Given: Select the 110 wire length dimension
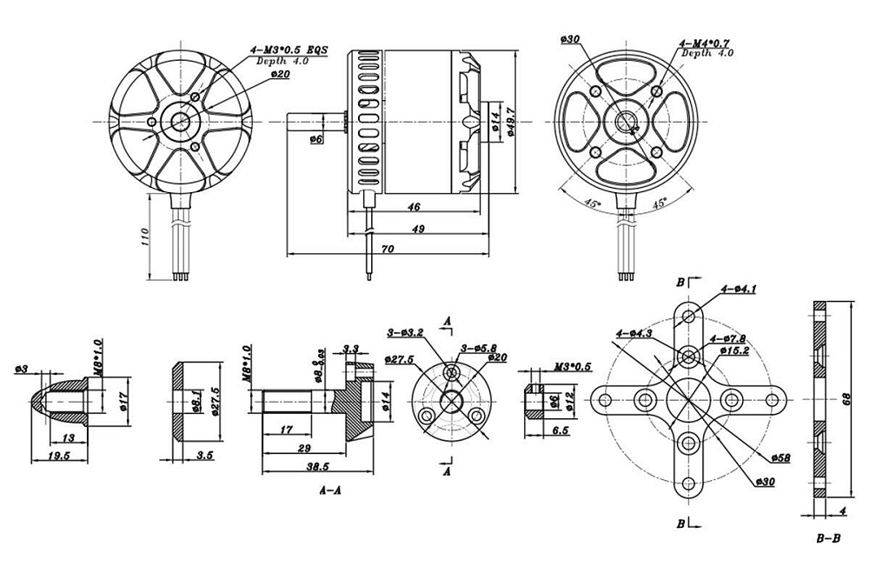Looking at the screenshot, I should tap(144, 237).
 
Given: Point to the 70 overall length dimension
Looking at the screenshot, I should tap(387, 249).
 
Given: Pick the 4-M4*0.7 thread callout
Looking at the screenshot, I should tap(706, 42).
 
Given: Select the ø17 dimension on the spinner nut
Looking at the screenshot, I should tap(123, 401).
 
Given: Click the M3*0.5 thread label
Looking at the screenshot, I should tap(572, 366).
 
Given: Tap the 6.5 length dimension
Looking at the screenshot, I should tap(559, 430).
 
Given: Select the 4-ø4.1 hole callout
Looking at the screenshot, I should tap(738, 289).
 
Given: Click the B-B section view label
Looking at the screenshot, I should tap(827, 538).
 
